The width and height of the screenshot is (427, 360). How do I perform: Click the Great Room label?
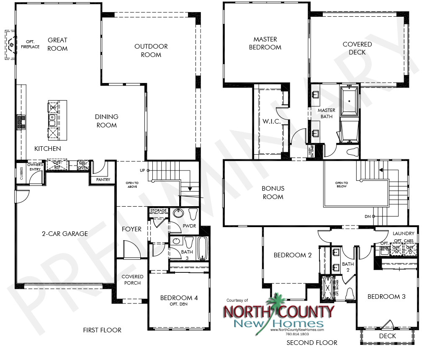click(57, 44)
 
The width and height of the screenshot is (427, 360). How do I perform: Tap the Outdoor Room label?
click(151, 50)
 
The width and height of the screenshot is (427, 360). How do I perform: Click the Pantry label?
click(103, 180)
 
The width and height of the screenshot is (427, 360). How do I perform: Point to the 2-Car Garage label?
click(64, 233)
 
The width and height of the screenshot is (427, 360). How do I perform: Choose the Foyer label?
click(131, 229)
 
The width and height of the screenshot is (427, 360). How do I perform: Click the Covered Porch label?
click(132, 280)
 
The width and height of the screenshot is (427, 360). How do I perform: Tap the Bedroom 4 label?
click(179, 298)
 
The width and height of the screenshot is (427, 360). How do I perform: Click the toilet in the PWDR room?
click(193, 214)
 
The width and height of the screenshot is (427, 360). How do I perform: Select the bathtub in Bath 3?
click(203, 249)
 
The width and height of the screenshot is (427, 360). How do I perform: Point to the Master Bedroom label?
click(265, 43)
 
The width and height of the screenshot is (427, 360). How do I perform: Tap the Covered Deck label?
click(357, 48)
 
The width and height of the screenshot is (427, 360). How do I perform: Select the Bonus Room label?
click(273, 192)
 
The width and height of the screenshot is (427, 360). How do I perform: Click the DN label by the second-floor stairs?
click(368, 217)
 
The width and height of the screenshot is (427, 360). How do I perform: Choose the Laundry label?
click(404, 233)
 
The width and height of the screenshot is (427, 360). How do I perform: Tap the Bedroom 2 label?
click(293, 255)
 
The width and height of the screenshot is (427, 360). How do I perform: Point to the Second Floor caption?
click(312, 342)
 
